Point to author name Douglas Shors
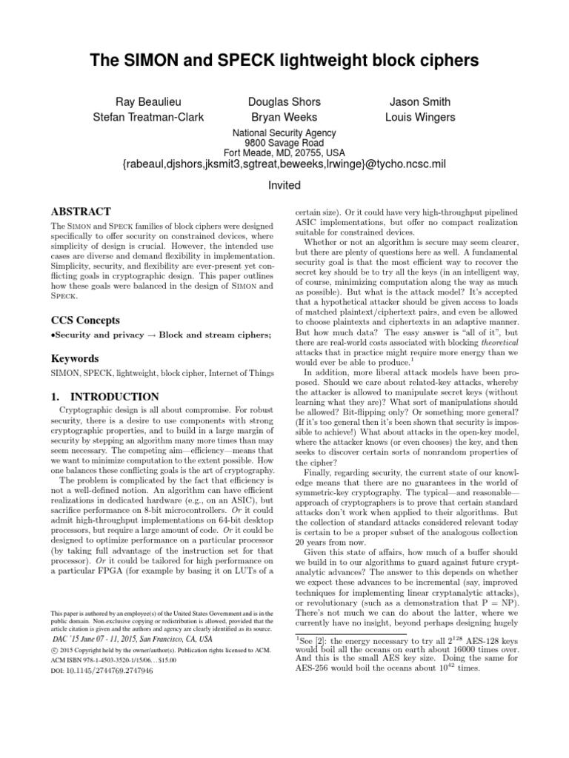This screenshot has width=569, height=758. tap(284, 101)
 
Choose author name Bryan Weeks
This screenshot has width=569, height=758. tap(284, 117)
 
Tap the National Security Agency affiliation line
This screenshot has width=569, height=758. tap(284, 133)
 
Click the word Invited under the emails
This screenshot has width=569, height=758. tap(284, 186)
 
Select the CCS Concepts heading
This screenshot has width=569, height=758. tap(86, 321)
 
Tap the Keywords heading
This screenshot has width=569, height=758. tap(76, 359)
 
